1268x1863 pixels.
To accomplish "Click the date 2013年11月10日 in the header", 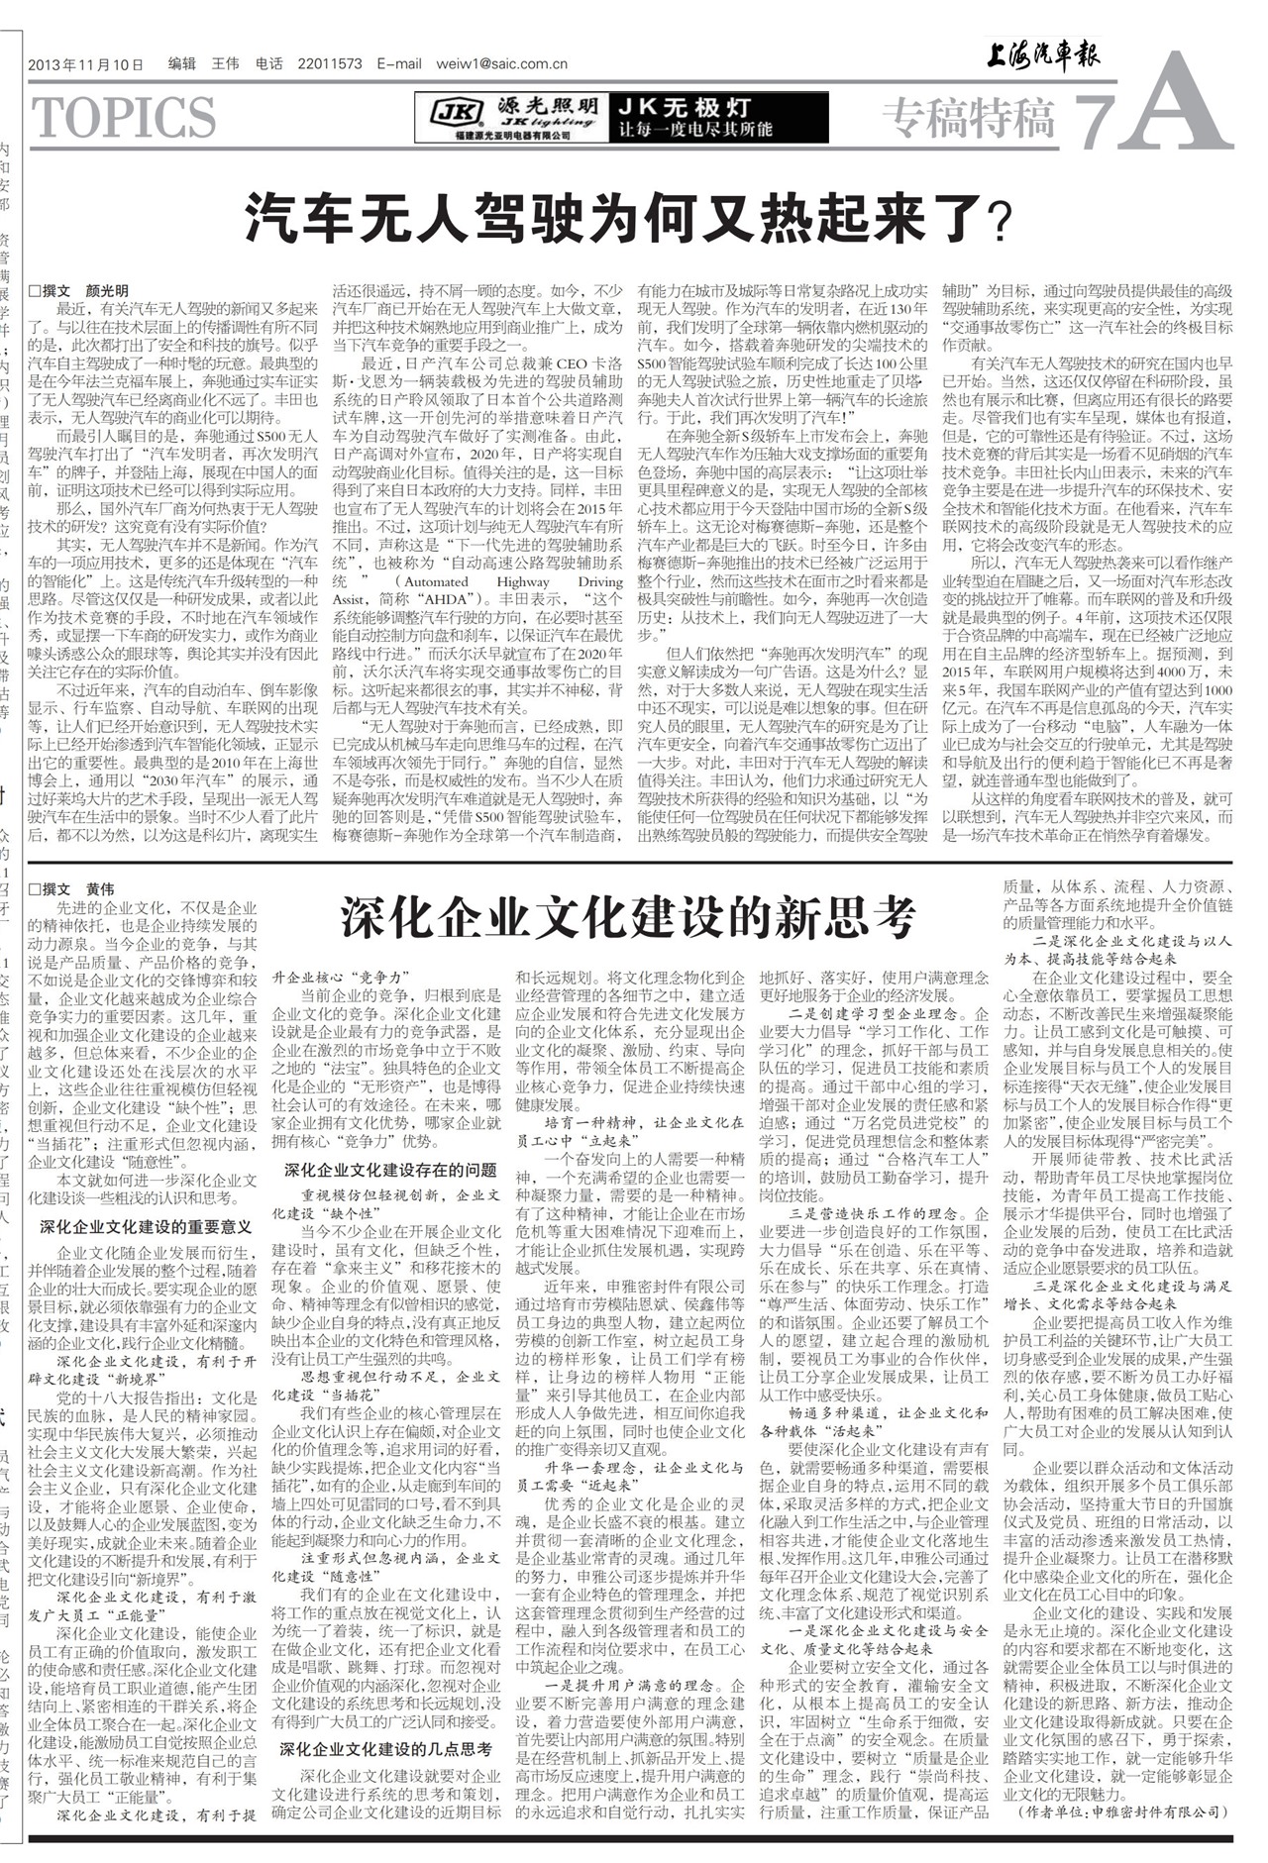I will pyautogui.click(x=87, y=64).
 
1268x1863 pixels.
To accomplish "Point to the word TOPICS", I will pyautogui.click(x=125, y=118).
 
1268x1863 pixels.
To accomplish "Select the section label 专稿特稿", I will pyautogui.click(x=968, y=119).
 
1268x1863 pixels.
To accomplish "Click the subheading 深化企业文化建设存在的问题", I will pyautogui.click(x=390, y=1170).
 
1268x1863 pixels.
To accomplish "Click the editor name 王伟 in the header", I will pyautogui.click(x=226, y=64).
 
